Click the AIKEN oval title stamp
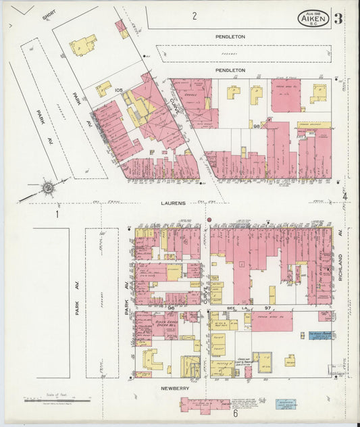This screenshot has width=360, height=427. point(314,18)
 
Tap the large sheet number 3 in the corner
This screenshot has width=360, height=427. point(338,18)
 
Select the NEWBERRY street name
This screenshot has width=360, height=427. point(174,389)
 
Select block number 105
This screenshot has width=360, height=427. point(119,90)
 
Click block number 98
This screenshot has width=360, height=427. point(257,126)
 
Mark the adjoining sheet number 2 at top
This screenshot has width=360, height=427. point(194,16)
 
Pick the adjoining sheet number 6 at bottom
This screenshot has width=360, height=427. point(235,413)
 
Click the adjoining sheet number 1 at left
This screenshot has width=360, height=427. point(58,215)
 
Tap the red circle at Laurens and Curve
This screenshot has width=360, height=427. point(209,220)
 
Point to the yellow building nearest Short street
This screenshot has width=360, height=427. point(82,45)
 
